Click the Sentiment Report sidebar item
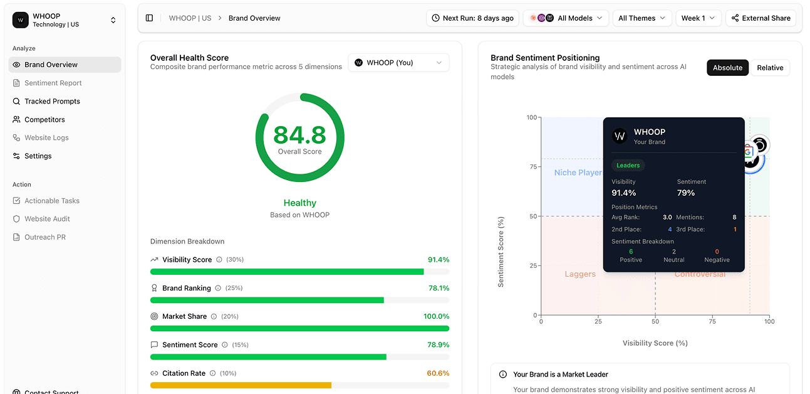pyautogui.click(x=53, y=83)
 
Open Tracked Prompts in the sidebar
pyautogui.click(x=52, y=101)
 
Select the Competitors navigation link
pyautogui.click(x=44, y=119)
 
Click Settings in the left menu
pyautogui.click(x=38, y=156)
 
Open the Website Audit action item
pyautogui.click(x=47, y=219)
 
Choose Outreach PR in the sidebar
pyautogui.click(x=44, y=237)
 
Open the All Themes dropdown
pyautogui.click(x=641, y=18)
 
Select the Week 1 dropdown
pyautogui.click(x=698, y=18)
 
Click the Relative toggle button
pyautogui.click(x=770, y=68)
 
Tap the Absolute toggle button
pyautogui.click(x=727, y=68)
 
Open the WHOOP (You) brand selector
pyautogui.click(x=398, y=63)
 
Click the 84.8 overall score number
pyautogui.click(x=299, y=135)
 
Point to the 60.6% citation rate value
pyautogui.click(x=438, y=373)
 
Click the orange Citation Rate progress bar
pyautogui.click(x=241, y=385)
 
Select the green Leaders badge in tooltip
pyautogui.click(x=628, y=166)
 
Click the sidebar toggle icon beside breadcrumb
pyautogui.click(x=149, y=18)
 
